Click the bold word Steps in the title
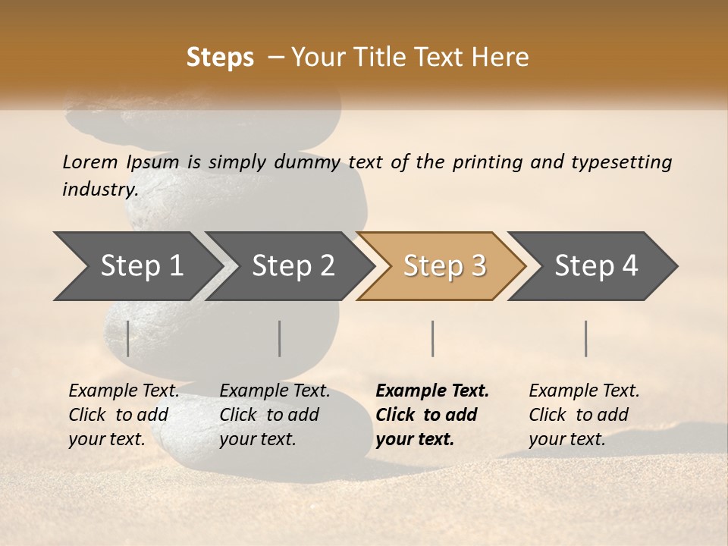coord(220,58)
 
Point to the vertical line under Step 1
coord(128,338)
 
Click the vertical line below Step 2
coord(280,338)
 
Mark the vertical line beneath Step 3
coord(432,338)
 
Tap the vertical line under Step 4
coord(586,338)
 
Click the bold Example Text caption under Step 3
coord(432,414)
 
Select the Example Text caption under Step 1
coord(124,414)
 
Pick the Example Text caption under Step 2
coord(275,414)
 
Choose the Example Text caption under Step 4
coord(584,414)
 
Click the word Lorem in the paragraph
coord(90,162)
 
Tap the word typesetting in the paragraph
coord(621,162)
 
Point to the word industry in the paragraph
coord(100,190)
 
